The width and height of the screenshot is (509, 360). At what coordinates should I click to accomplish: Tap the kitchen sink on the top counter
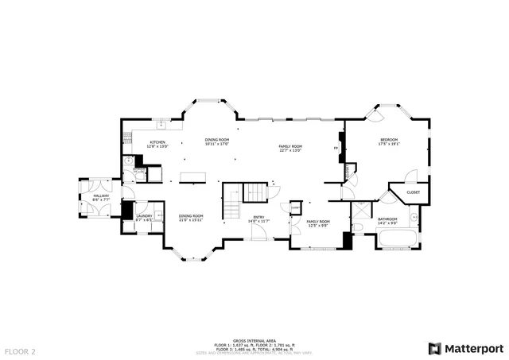click(161, 124)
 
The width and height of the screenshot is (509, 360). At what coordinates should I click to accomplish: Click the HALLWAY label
click(102, 195)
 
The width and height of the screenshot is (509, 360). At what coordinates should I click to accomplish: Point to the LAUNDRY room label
click(144, 215)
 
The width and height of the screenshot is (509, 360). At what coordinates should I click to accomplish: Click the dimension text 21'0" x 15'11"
click(191, 220)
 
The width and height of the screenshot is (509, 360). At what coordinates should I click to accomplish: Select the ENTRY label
click(258, 216)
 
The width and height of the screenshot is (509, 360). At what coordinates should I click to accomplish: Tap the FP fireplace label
click(336, 149)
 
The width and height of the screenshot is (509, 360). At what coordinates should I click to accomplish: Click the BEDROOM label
click(389, 140)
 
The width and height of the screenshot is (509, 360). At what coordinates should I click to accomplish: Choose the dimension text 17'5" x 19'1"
click(389, 145)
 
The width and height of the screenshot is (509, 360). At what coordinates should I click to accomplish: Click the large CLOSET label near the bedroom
click(414, 192)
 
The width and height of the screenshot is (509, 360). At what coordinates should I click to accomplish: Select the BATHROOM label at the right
click(387, 219)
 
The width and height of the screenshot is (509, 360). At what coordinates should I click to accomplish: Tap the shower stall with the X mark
click(361, 211)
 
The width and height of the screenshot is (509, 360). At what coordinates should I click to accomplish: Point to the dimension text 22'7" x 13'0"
click(290, 150)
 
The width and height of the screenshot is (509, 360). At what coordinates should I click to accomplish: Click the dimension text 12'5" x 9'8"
click(318, 225)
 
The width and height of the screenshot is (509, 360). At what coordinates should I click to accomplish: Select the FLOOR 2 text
click(20, 350)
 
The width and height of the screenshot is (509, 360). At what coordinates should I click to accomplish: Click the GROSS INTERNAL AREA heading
click(254, 338)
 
